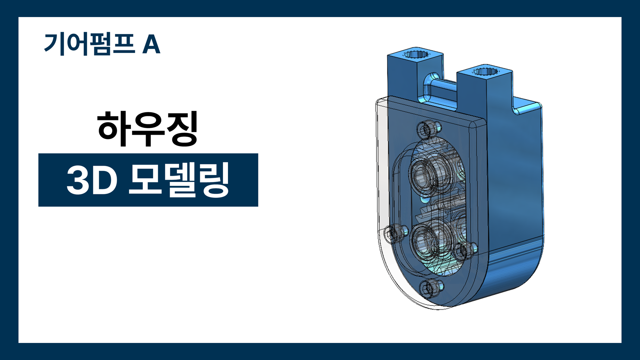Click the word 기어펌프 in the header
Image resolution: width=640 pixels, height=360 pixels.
click(x=89, y=44)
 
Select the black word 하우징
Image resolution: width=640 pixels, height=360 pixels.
click(x=148, y=129)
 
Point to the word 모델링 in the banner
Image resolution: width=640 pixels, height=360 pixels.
click(x=179, y=180)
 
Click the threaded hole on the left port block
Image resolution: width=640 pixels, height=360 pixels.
click(x=415, y=55)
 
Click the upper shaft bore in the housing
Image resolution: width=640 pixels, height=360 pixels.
click(x=423, y=174)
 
